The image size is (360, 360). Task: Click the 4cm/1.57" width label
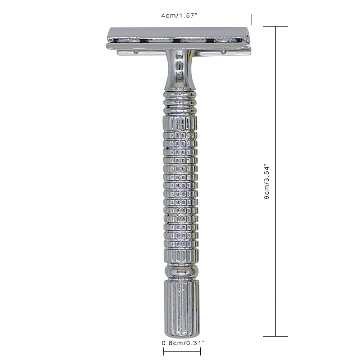pyautogui.click(x=179, y=16)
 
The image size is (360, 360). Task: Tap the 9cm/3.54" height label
pyautogui.click(x=266, y=181)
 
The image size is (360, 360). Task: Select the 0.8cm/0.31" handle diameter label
pyautogui.click(x=183, y=343)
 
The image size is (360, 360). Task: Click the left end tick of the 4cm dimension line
pyautogui.click(x=106, y=20)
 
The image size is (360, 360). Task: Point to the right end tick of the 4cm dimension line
pyautogui.click(x=252, y=20)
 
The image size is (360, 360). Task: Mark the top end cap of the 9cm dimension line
pyautogui.click(x=275, y=27)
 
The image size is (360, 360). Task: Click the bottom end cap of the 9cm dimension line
pyautogui.click(x=275, y=336)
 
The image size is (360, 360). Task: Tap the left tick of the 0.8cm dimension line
pyautogui.click(x=164, y=351)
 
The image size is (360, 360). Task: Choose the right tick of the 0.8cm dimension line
pyautogui.click(x=200, y=351)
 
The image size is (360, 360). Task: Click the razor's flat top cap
pyautogui.click(x=178, y=33)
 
